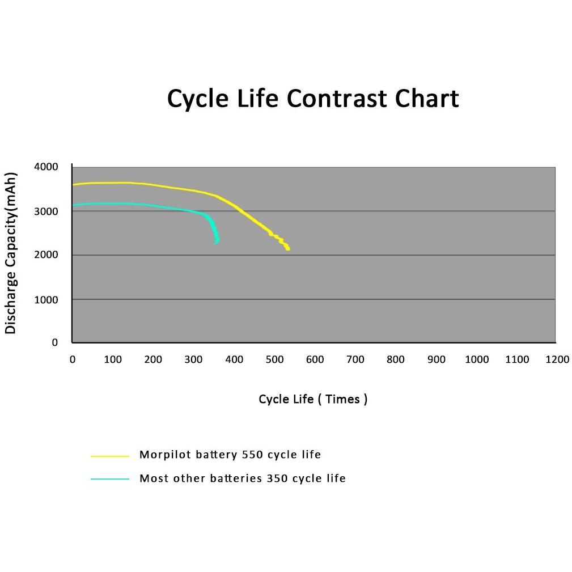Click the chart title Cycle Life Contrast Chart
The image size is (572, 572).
(x=312, y=99)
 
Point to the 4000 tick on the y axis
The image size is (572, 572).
(x=46, y=167)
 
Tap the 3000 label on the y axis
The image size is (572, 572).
(x=46, y=211)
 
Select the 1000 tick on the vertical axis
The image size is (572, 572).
(x=46, y=300)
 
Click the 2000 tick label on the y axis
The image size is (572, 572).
(x=46, y=255)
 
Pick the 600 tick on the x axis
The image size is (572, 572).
(x=315, y=359)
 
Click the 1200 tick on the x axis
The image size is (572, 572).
(x=557, y=359)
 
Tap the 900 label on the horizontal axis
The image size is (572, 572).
(x=437, y=359)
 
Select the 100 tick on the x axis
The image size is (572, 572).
(x=113, y=359)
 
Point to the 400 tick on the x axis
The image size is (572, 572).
(x=234, y=359)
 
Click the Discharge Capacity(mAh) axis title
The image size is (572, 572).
(x=11, y=253)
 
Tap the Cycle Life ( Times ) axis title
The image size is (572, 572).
(x=312, y=399)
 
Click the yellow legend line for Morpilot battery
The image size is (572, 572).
(x=110, y=456)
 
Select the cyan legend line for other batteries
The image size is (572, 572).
(x=110, y=479)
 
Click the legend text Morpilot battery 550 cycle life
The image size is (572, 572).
(x=230, y=455)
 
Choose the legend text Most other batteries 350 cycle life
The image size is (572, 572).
(x=243, y=478)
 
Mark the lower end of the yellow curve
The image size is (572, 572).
(x=288, y=249)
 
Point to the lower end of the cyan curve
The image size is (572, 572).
(x=216, y=243)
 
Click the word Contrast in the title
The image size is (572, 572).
(x=336, y=99)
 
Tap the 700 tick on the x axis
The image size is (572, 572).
(x=355, y=359)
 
